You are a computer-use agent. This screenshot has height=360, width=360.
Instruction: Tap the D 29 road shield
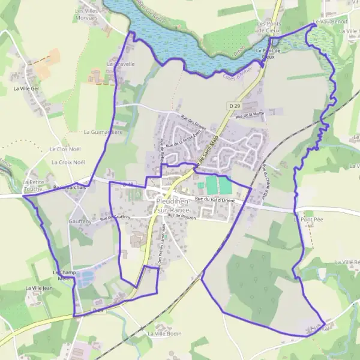point(235,106)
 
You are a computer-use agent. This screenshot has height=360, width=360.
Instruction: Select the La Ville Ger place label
point(25,88)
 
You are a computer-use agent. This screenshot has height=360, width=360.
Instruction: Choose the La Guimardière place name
point(103,132)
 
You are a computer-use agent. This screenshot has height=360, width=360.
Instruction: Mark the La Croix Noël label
point(68,163)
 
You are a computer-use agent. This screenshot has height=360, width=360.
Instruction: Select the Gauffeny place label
point(80,221)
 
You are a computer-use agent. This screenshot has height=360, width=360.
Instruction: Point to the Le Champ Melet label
point(62,275)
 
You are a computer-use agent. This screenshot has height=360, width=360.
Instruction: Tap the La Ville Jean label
point(40,289)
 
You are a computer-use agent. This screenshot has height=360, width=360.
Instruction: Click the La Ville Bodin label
point(164,334)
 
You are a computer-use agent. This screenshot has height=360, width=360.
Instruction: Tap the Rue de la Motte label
point(250,114)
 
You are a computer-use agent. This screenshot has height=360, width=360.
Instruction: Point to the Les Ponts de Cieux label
point(268,28)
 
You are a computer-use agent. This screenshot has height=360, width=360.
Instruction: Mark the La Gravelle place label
point(120,63)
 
